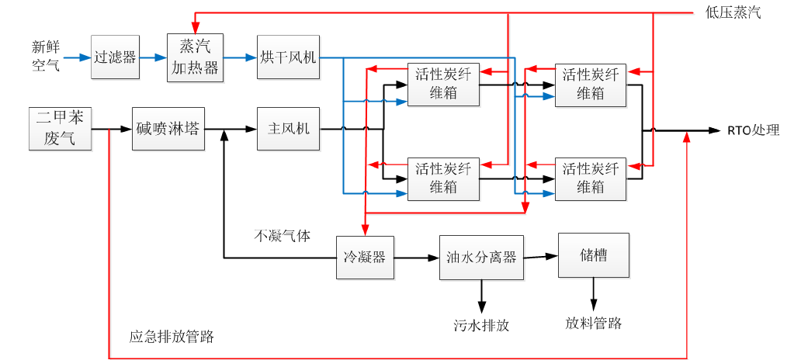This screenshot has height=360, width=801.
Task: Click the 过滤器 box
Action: tap(116, 57)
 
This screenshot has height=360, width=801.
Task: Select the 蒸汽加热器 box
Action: tap(195, 57)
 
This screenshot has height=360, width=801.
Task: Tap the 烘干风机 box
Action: tap(287, 57)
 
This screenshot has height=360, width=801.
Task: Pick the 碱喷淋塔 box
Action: tap(168, 128)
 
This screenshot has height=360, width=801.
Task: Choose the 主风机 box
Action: tap(288, 128)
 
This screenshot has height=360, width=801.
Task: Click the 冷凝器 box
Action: tap(365, 257)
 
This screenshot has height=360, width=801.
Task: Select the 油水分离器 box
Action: tap(481, 257)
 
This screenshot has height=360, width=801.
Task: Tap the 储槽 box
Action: tap(593, 254)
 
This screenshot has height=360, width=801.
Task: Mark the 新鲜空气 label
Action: tap(45, 56)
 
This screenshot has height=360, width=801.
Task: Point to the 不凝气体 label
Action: tap(283, 236)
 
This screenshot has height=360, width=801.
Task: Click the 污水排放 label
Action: tap(481, 325)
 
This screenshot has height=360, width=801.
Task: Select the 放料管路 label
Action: tap(593, 323)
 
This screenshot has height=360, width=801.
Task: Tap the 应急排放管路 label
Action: tap(172, 337)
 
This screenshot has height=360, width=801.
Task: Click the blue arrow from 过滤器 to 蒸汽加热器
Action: tap(153, 57)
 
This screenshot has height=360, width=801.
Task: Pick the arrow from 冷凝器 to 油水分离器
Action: tap(416, 257)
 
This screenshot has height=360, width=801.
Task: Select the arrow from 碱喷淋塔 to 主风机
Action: tap(230, 129)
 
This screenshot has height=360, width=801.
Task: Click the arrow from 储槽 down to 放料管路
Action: tap(593, 294)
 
